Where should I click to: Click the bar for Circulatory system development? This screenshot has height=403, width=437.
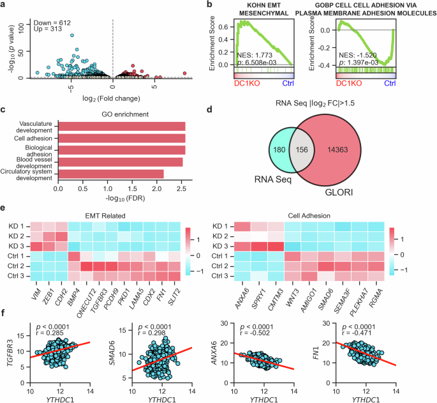110,174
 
